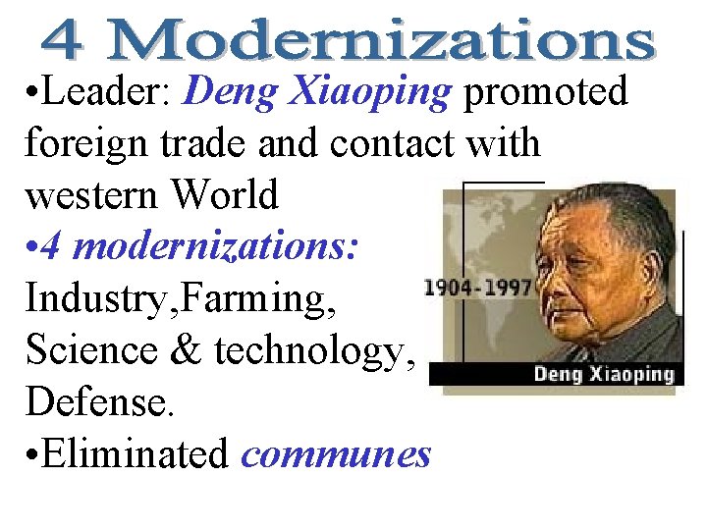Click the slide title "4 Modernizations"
tap(349, 42)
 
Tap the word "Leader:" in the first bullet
tap(108, 93)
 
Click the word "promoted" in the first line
tap(546, 93)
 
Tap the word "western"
tap(91, 195)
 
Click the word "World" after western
tap(225, 195)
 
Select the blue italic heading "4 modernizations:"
tap(192, 246)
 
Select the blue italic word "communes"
tap(335, 453)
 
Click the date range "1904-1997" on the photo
tap(477, 289)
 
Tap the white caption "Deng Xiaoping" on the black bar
tap(604, 374)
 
